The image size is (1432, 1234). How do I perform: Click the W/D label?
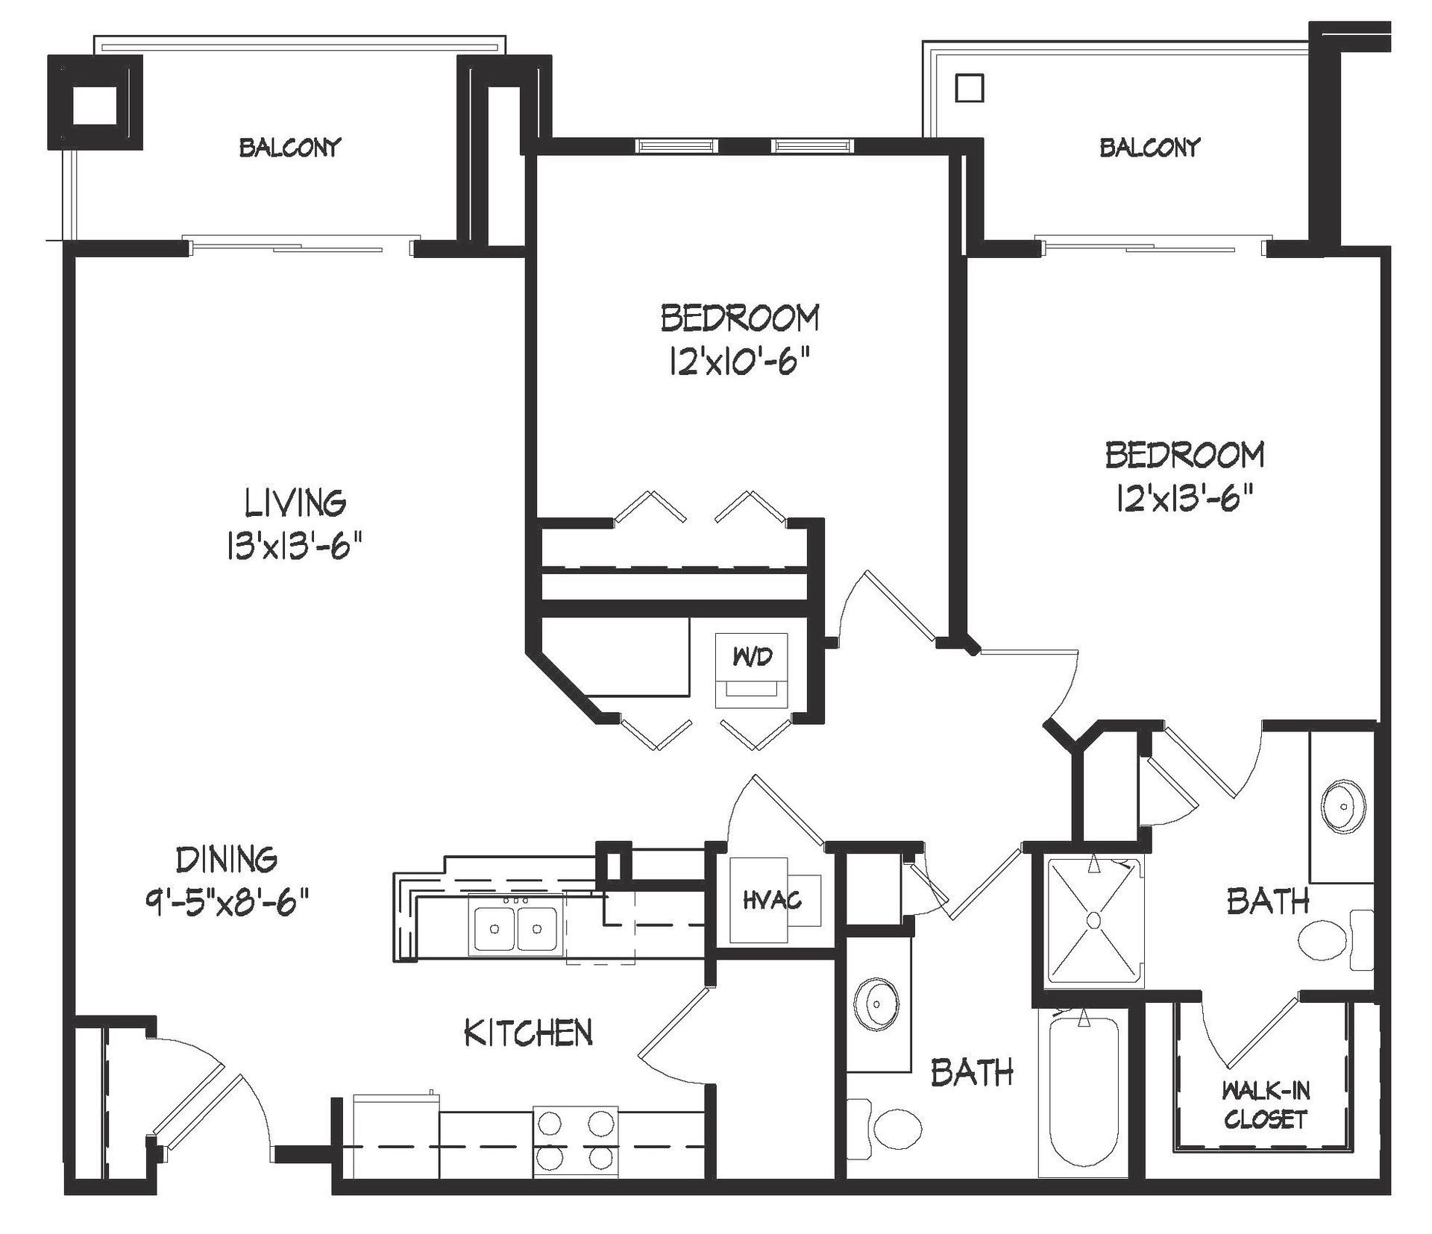pyautogui.click(x=753, y=657)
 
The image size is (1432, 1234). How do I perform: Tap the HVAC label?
pyautogui.click(x=772, y=901)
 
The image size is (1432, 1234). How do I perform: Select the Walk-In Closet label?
pyautogui.click(x=1265, y=1105)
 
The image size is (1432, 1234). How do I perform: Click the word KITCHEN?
pyautogui.click(x=528, y=1033)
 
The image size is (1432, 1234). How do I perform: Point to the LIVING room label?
pyautogui.click(x=295, y=503)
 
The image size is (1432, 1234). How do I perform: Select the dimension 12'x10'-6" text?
pyautogui.click(x=740, y=364)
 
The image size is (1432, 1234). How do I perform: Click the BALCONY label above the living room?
pyautogui.click(x=289, y=147)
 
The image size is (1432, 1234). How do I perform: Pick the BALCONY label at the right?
pyautogui.click(x=1150, y=147)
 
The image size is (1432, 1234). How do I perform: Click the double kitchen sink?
pyautogui.click(x=516, y=925)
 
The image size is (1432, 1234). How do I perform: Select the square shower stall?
pyautogui.click(x=1094, y=921)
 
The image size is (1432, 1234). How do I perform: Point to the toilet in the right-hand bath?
pyautogui.click(x=1335, y=941)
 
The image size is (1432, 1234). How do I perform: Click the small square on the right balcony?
pyautogui.click(x=970, y=88)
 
